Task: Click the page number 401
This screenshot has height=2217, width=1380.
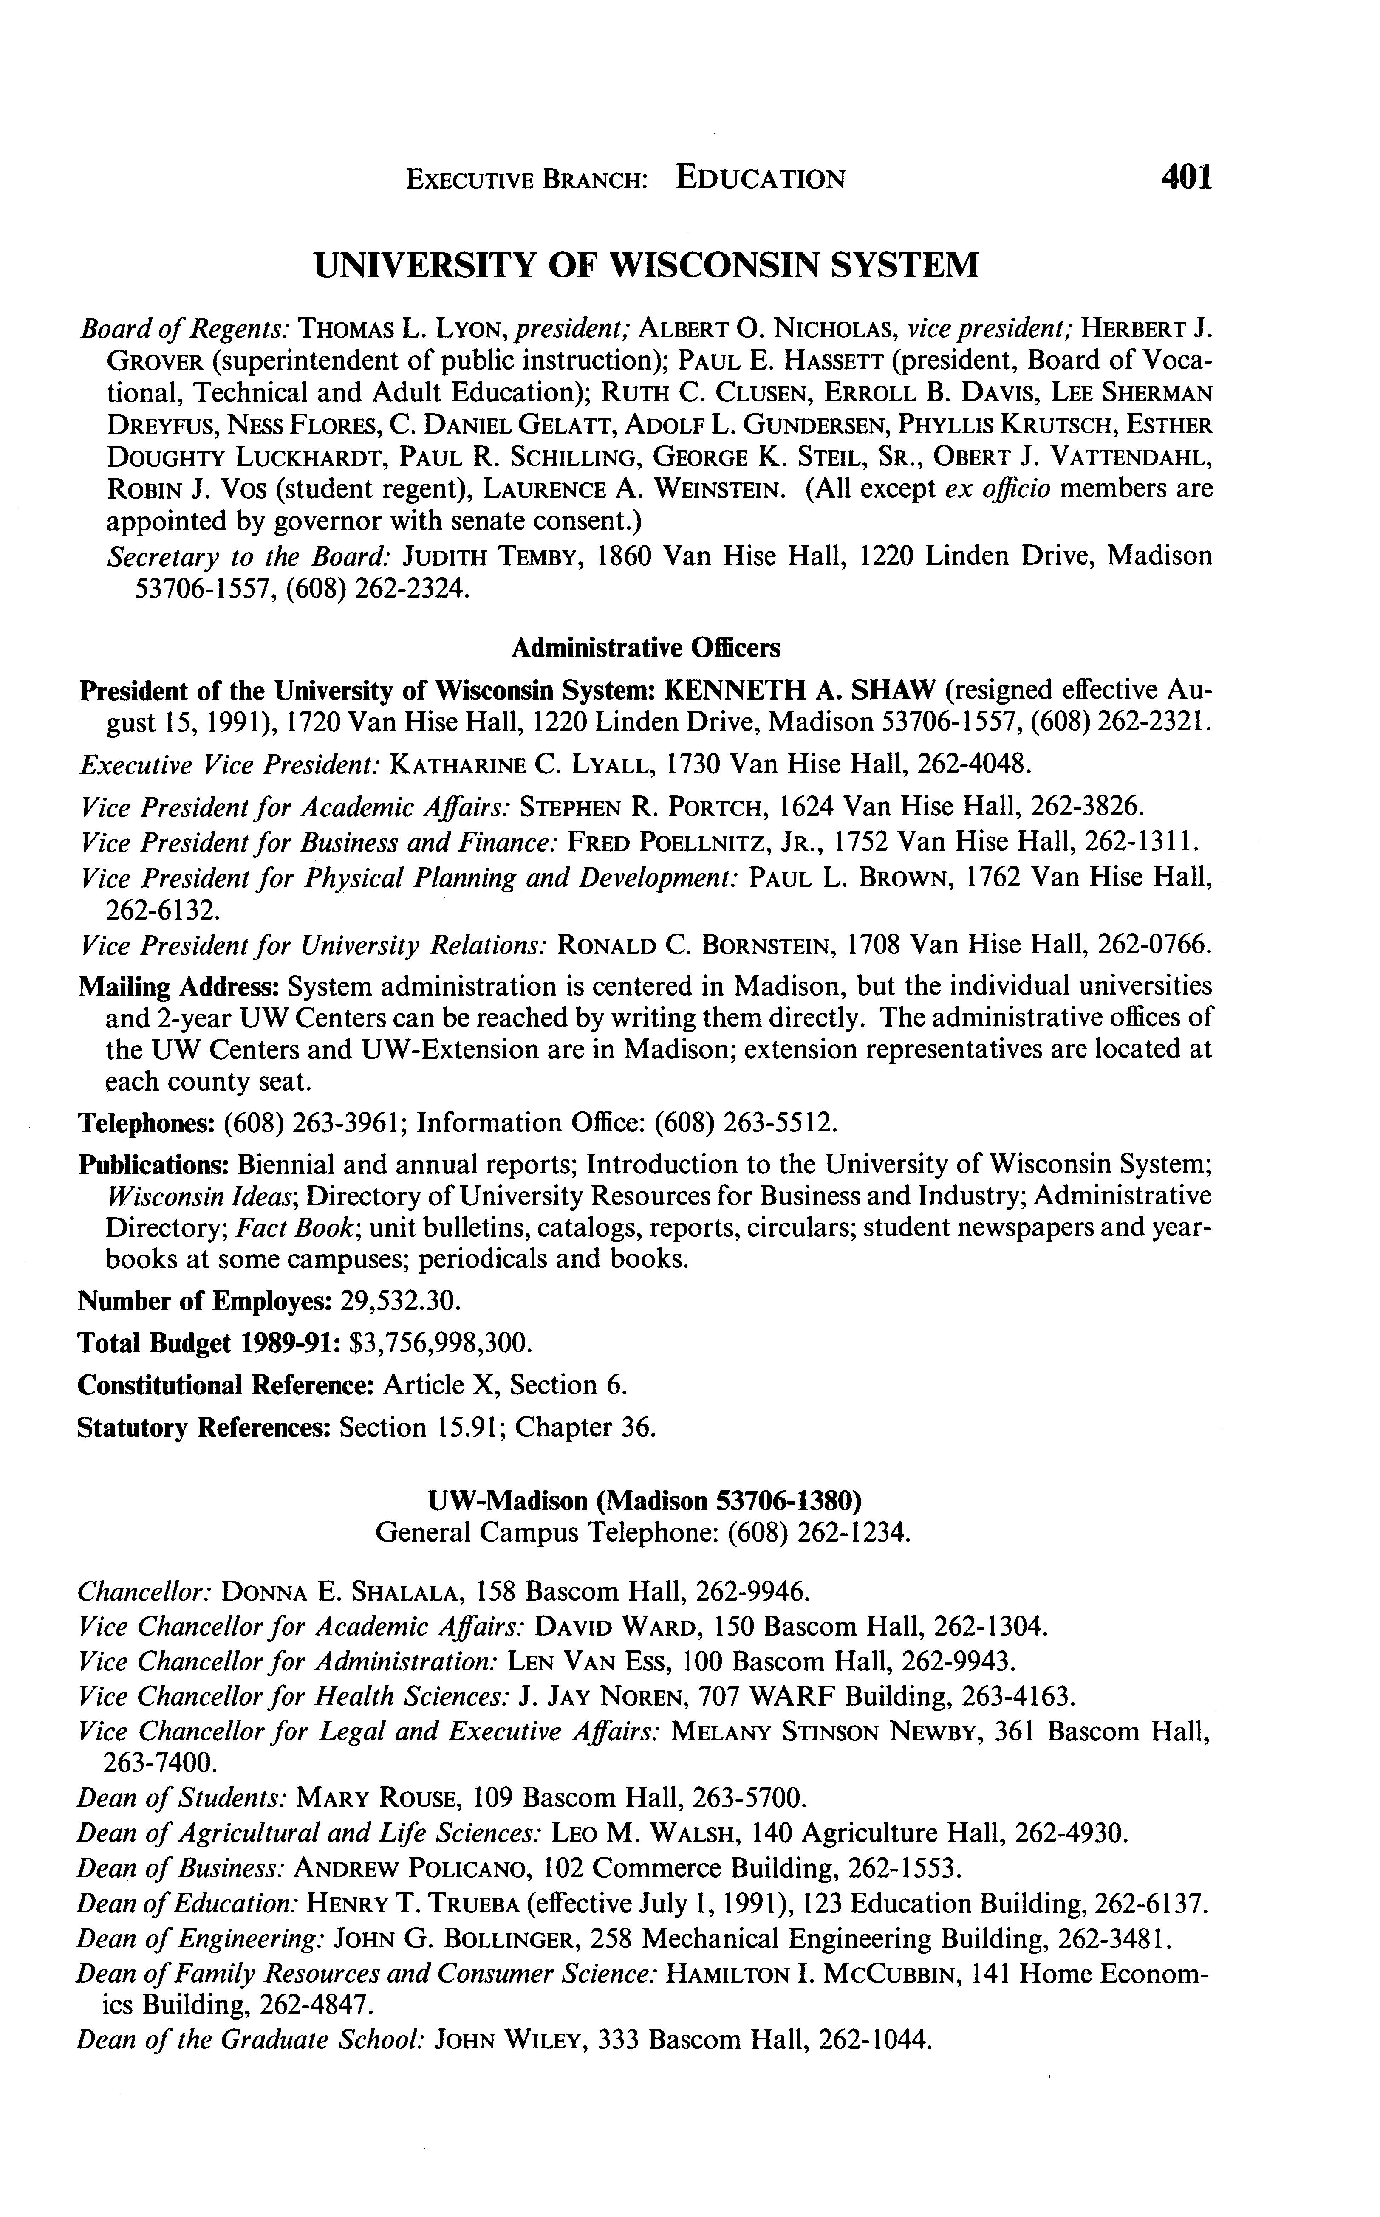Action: (1185, 176)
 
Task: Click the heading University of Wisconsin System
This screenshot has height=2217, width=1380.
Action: (646, 265)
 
